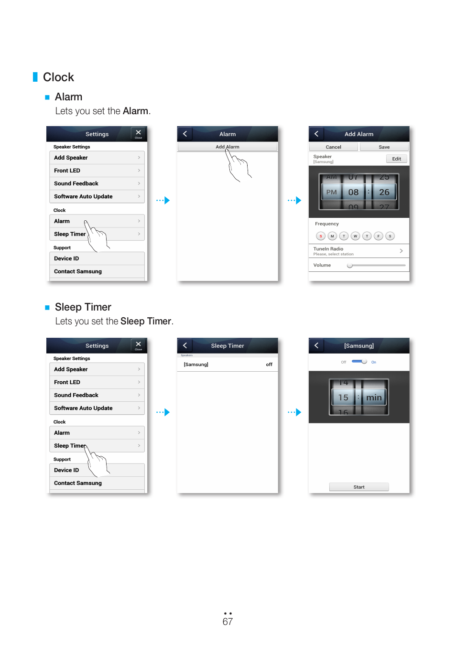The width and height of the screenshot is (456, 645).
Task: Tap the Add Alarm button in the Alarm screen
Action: [228, 147]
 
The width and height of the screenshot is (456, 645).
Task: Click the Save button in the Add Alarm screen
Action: [384, 147]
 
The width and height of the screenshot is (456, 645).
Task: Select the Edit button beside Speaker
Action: [396, 159]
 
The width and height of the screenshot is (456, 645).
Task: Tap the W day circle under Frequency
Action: [355, 236]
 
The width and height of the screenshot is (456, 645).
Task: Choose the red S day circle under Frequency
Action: [321, 236]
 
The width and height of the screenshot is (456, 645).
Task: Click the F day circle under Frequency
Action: [378, 236]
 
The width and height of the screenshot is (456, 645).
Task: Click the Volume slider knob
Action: [350, 265]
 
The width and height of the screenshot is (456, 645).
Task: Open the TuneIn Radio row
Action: [358, 251]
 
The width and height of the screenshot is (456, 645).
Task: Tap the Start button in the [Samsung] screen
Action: [359, 487]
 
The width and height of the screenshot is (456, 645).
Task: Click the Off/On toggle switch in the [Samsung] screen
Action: [359, 362]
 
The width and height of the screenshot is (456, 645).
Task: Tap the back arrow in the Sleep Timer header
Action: [185, 345]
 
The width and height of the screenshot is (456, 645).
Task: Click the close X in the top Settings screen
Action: [138, 133]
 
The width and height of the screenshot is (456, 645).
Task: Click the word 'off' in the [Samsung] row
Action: [269, 365]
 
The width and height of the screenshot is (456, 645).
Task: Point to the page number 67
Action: [228, 622]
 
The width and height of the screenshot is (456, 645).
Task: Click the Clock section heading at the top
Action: [58, 77]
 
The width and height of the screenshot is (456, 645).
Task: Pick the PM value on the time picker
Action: [331, 192]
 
